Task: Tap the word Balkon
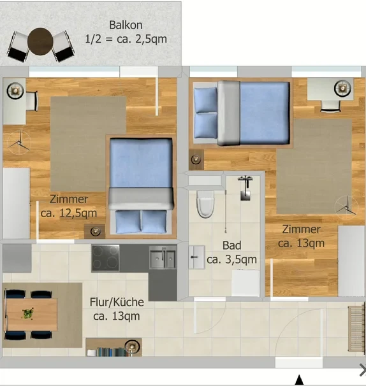pos(126,25)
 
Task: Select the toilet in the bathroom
pos(205,204)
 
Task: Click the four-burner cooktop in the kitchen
pos(105,258)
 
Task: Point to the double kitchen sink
pos(163,257)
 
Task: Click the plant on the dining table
pos(27,313)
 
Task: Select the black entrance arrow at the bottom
pos(299,380)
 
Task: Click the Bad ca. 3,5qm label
pos(231,252)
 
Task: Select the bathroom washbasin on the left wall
pos(196,257)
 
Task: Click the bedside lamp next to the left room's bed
pos(96,231)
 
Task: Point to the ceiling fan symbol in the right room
pos(347,208)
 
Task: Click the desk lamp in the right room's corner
pos(342,88)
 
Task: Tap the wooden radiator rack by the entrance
pos(356,329)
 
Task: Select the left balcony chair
pos(18,46)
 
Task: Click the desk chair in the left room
pos(32,101)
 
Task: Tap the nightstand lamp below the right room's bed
pos(196,159)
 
